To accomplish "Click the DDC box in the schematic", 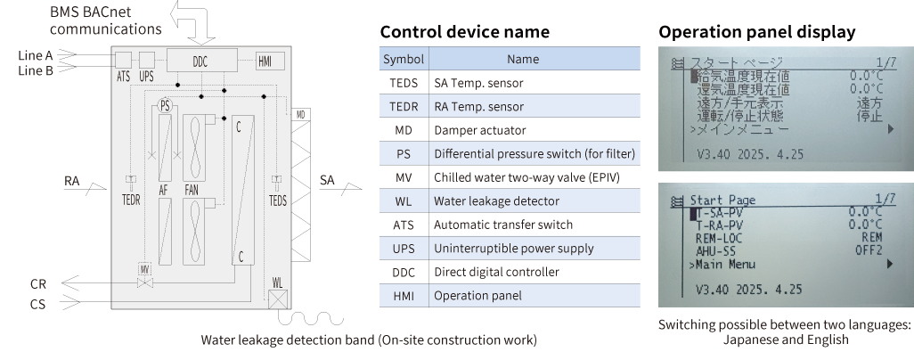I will [x=200, y=61].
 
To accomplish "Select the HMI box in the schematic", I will [x=265, y=61].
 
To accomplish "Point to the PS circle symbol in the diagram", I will [x=164, y=105].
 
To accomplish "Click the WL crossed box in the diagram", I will [x=279, y=299].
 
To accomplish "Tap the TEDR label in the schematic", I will [x=131, y=200].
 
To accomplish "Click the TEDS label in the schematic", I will [x=278, y=200].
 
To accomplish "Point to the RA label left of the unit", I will [x=72, y=181].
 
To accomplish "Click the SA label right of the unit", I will [x=327, y=181].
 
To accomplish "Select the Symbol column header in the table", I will [x=403, y=60].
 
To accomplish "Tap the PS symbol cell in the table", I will [x=404, y=154].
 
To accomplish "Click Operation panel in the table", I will [x=477, y=295].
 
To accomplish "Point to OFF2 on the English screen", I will [x=869, y=251].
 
